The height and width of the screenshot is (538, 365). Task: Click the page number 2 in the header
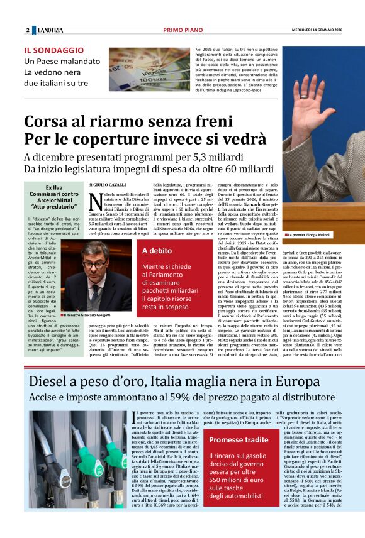(x=27, y=30)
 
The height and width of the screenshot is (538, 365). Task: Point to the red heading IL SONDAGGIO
(x=53, y=50)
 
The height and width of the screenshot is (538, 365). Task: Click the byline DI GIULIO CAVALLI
(x=108, y=184)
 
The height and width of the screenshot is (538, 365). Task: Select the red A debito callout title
(x=157, y=250)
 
